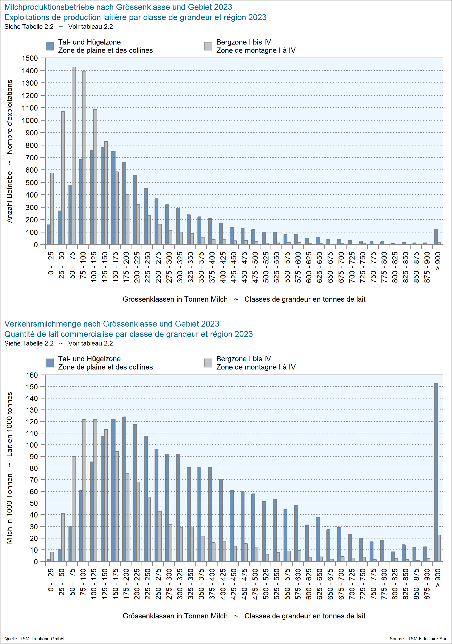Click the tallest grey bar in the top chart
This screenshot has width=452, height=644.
click(74, 156)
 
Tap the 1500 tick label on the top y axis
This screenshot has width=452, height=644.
click(30, 58)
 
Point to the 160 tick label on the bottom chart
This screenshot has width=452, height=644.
click(32, 375)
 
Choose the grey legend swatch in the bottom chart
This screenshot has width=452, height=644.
click(208, 363)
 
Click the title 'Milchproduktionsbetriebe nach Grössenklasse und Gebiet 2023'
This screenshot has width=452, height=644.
click(118, 7)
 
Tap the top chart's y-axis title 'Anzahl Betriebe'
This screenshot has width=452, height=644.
click(10, 197)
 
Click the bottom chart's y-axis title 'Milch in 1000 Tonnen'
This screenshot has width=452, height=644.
click(10, 509)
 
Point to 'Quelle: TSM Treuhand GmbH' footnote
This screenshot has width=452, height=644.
click(34, 639)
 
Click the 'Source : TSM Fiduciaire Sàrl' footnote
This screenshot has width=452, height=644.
click(418, 639)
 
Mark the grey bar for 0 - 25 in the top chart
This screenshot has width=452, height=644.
click(52, 209)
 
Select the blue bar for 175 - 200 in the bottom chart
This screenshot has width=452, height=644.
click(124, 489)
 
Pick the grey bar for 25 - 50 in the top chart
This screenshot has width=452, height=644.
click(63, 178)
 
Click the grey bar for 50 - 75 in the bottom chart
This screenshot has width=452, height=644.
click(74, 509)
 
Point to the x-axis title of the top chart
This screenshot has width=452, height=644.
click(244, 299)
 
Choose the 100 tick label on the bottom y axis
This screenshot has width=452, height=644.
click(32, 445)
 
